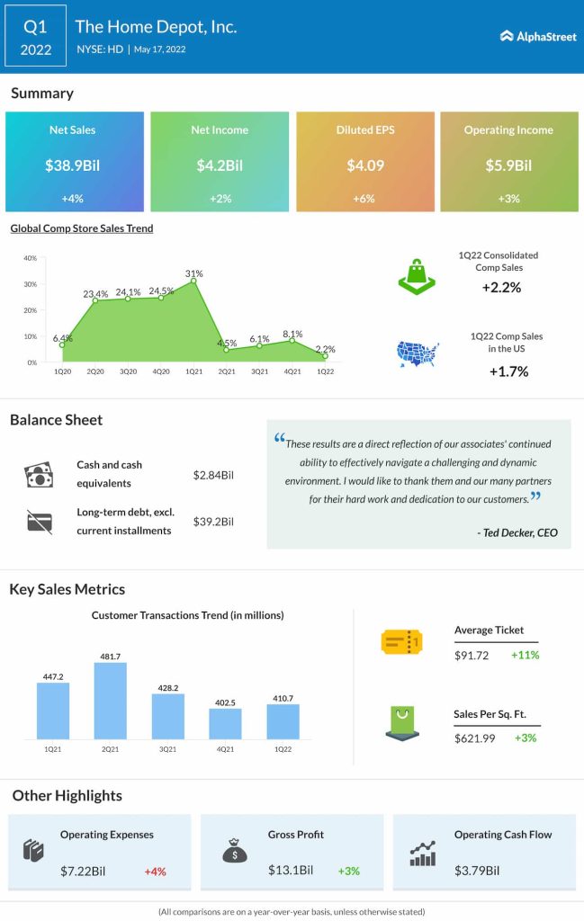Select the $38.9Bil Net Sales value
[x=75, y=165]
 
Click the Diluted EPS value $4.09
[x=364, y=165]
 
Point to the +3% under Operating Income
[x=508, y=198]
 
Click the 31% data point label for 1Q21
[x=194, y=273]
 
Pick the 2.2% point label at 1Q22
[x=327, y=349]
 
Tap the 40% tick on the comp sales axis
[x=30, y=258]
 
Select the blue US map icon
[x=418, y=354]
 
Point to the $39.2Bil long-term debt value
[x=214, y=522]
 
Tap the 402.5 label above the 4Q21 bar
[x=226, y=702]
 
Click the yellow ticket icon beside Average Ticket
[x=401, y=641]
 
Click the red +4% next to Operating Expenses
[x=155, y=871]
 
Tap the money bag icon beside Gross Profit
[x=235, y=851]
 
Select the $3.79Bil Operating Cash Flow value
[x=477, y=870]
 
